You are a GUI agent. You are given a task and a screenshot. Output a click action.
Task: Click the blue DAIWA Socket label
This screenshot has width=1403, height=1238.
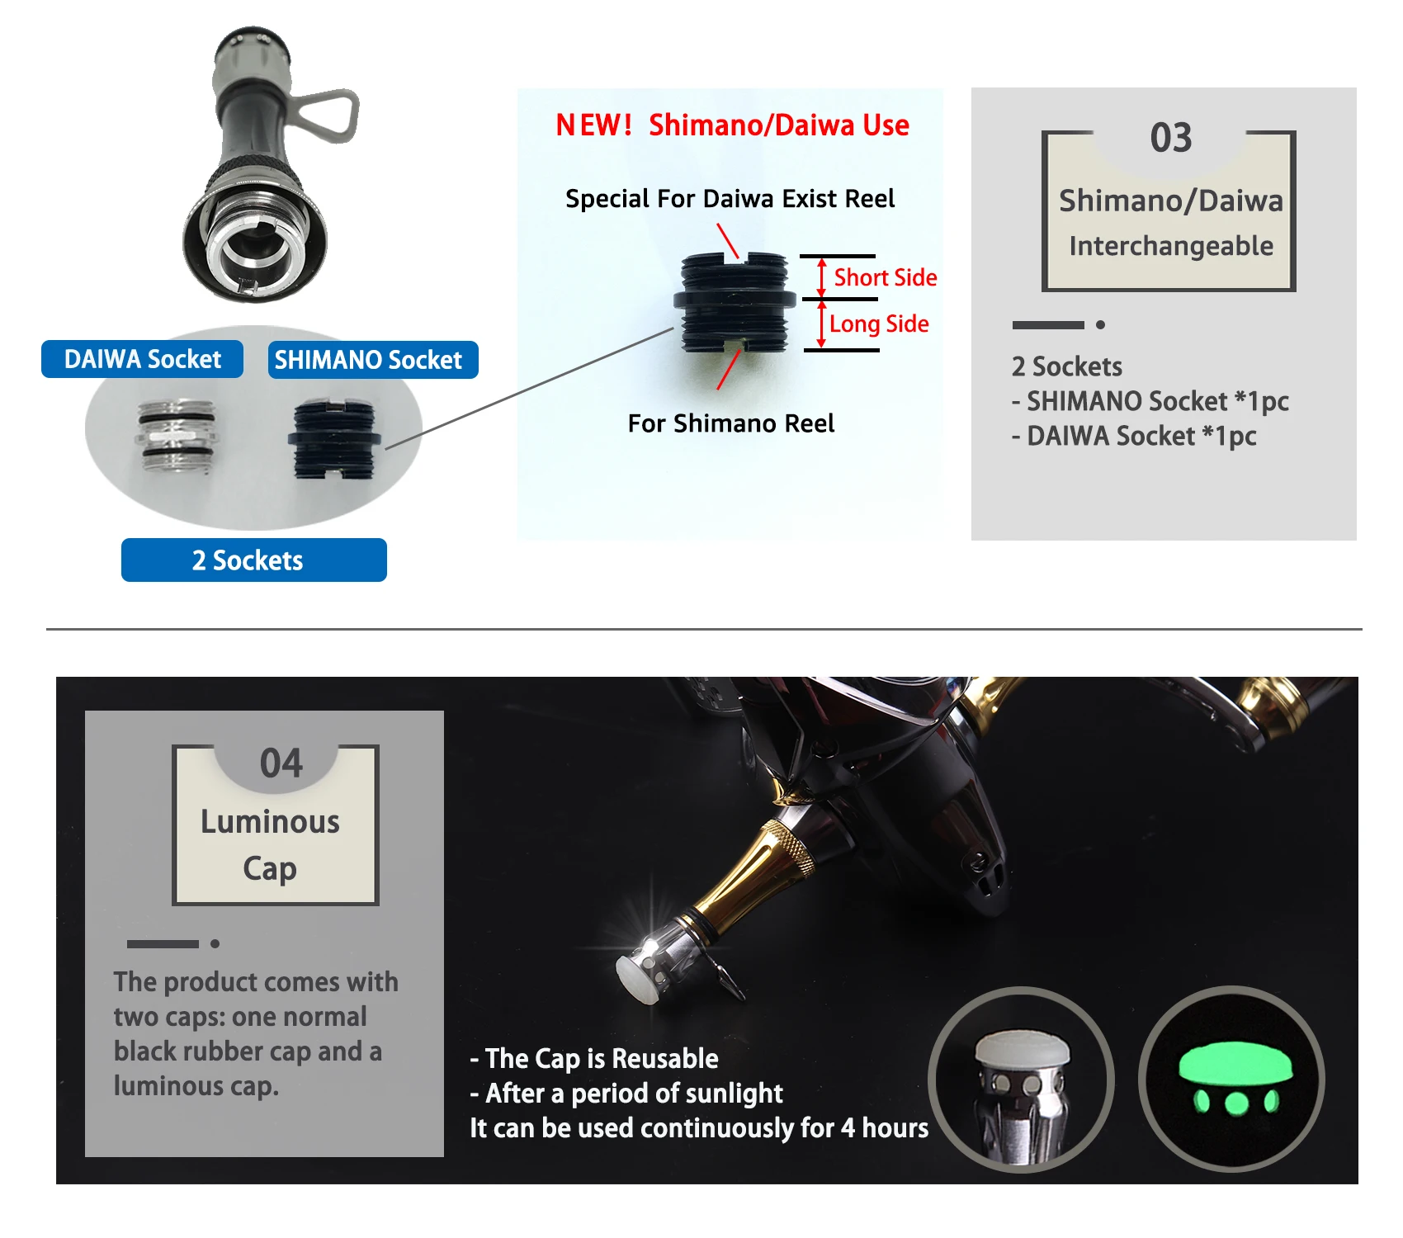click(142, 359)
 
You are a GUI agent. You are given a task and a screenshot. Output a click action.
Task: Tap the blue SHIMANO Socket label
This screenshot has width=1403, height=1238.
click(372, 360)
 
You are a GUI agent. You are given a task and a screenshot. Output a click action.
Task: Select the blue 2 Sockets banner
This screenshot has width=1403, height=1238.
click(254, 560)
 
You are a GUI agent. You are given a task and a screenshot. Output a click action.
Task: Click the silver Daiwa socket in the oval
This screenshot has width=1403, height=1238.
click(177, 436)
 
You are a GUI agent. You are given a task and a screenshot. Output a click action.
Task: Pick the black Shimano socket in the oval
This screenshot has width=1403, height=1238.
click(334, 439)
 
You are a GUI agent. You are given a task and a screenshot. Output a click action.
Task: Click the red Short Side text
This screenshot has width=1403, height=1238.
click(886, 277)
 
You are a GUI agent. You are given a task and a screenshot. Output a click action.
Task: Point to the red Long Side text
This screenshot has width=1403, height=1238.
click(879, 324)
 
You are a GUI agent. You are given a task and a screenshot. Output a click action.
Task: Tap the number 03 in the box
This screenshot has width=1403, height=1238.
click(1171, 138)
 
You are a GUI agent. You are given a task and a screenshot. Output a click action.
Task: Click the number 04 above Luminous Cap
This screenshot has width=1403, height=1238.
click(281, 763)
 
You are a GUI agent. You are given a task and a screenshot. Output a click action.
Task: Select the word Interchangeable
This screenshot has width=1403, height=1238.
click(1171, 246)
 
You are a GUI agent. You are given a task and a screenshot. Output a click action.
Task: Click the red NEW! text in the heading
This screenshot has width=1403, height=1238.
click(593, 125)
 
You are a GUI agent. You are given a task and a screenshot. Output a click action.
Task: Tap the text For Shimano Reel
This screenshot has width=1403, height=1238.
click(731, 423)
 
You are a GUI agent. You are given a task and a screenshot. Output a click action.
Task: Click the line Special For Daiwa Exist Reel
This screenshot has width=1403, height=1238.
click(730, 199)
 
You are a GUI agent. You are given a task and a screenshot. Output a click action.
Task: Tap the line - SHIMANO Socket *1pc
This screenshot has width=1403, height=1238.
click(1150, 402)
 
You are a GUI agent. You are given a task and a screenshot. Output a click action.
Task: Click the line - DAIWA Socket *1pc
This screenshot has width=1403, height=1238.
click(1134, 437)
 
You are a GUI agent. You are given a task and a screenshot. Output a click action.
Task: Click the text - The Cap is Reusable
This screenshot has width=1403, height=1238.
click(594, 1059)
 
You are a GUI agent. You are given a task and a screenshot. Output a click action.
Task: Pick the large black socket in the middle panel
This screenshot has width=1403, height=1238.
click(735, 302)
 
